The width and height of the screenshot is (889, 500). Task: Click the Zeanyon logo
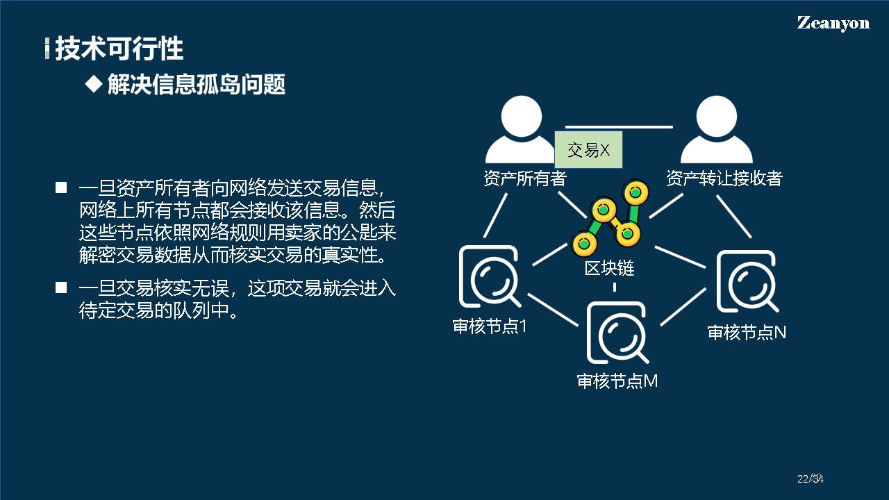pos(833,23)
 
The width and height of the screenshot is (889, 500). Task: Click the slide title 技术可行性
pos(119,49)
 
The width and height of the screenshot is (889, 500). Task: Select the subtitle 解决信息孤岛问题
pos(197,85)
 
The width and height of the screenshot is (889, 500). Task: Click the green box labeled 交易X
pos(588,150)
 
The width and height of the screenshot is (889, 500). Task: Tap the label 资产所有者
pos(525,178)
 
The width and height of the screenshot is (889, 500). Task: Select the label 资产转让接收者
pos(724,178)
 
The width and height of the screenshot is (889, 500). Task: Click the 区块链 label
pos(609,268)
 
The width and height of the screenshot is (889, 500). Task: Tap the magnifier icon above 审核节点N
pos(747,282)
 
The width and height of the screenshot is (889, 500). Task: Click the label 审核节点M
pos(617,381)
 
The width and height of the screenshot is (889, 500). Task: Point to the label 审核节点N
pos(747,333)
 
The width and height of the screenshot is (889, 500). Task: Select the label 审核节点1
pos(490,326)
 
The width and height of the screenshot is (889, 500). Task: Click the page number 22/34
pos(809,478)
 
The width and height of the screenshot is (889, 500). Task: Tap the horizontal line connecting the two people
pos(619,127)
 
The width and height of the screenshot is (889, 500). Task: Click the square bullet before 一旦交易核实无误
pos(61,287)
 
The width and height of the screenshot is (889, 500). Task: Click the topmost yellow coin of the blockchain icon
pos(635,191)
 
